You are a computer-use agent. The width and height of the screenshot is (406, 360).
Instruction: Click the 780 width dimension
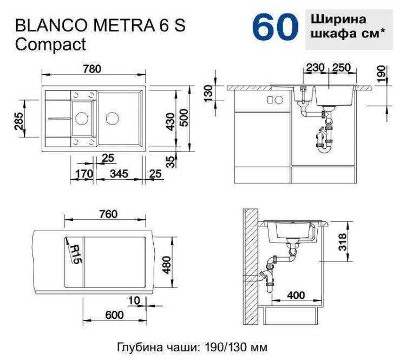(92, 69)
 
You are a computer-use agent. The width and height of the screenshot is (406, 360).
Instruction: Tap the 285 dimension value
(19, 121)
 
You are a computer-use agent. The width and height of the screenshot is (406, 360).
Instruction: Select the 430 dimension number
(171, 121)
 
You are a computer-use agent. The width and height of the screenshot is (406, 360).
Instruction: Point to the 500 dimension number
(184, 118)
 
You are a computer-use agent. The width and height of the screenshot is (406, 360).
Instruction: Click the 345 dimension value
(119, 174)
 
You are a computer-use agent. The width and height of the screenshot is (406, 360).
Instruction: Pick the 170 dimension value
(84, 174)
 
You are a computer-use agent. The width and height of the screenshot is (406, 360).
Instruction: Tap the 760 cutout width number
(108, 214)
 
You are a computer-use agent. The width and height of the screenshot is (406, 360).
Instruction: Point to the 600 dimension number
(114, 315)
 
